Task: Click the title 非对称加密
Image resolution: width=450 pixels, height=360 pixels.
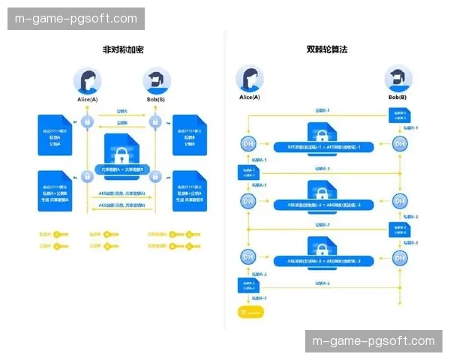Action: pyautogui.click(x=123, y=49)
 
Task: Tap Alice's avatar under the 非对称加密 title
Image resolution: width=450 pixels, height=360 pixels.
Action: pyautogui.click(x=87, y=81)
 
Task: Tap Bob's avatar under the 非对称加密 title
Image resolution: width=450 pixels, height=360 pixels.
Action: pyautogui.click(x=155, y=81)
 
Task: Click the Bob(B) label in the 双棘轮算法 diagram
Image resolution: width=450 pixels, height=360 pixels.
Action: pyautogui.click(x=397, y=97)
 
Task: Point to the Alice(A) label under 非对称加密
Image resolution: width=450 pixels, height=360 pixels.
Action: pyautogui.click(x=87, y=99)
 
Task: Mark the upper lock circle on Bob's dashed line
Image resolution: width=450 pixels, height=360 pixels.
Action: pyautogui.click(x=155, y=122)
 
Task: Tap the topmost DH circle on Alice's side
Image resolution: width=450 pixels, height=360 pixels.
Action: pyautogui.click(x=248, y=143)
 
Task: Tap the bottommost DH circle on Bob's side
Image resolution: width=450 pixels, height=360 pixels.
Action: pyautogui.click(x=399, y=256)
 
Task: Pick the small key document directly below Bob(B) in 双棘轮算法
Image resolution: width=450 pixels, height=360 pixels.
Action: pyautogui.click(x=398, y=115)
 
